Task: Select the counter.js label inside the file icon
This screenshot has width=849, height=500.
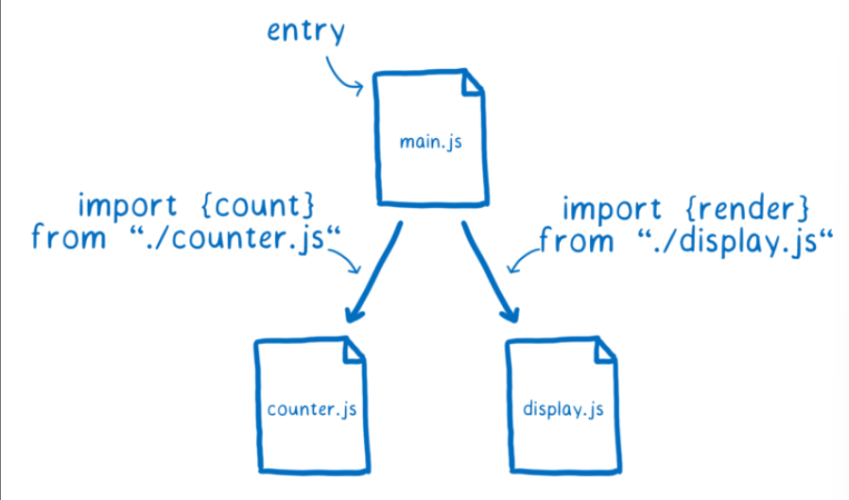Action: pos(312,409)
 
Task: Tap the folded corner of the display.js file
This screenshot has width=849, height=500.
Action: pos(605,353)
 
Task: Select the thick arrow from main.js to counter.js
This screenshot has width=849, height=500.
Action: pos(375,274)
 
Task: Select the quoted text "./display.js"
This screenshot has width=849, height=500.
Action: pos(728,240)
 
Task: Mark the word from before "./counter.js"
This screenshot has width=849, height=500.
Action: pos(68,237)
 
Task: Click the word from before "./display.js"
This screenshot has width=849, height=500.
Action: pos(576,240)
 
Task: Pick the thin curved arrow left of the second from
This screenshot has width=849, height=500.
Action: pos(523,257)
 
